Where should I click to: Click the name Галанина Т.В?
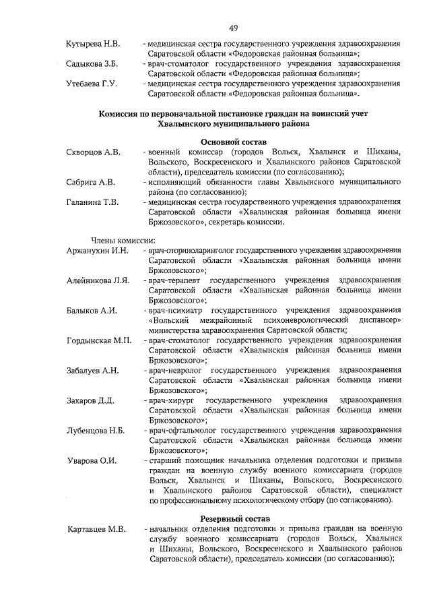click(92, 202)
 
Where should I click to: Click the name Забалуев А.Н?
click(93, 370)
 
